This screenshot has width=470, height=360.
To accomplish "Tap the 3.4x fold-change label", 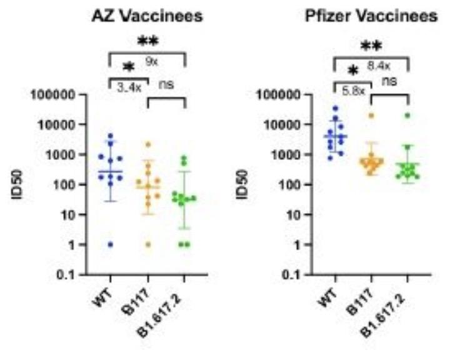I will coord(129,87).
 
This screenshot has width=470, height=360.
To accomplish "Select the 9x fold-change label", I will coord(151,61).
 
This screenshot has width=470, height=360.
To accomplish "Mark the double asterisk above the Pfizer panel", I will coord(372,46).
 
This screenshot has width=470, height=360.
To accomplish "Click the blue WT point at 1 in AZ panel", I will coord(110,244).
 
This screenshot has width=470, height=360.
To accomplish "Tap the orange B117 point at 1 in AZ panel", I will coord(147,244).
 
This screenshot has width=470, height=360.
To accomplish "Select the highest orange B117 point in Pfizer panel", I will coord(371,116).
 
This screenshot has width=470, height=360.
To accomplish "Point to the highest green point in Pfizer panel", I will coord(407,116).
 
